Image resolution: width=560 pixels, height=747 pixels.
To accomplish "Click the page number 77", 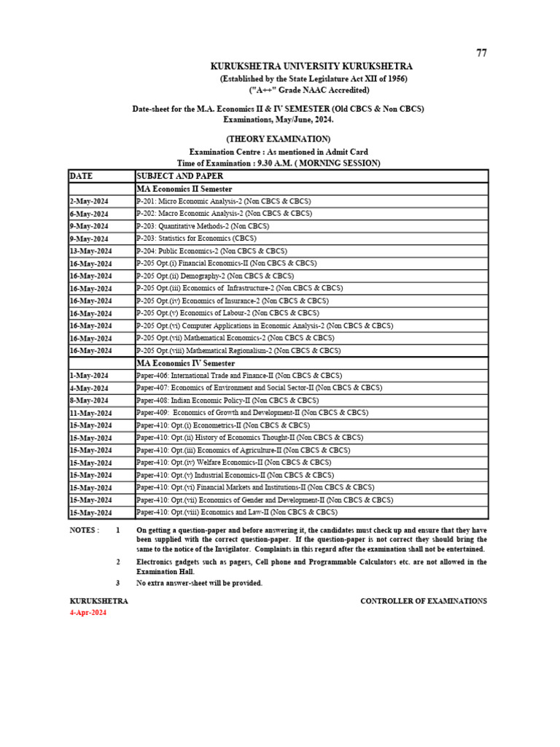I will [481, 53].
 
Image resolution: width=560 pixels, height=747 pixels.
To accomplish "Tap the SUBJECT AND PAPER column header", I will [179, 176].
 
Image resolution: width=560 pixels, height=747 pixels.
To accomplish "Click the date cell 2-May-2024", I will [90, 201].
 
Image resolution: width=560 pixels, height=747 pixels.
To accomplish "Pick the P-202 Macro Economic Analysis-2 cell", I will [224, 213].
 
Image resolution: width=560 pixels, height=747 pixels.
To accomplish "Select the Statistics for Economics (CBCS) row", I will [196, 238].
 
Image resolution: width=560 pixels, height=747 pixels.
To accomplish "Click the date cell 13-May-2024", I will [91, 251].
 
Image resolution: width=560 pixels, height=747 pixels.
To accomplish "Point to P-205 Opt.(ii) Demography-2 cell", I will [215, 276].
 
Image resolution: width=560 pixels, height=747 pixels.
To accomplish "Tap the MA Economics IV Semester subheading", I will [186, 363].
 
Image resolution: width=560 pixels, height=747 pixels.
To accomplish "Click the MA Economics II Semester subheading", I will [184, 189].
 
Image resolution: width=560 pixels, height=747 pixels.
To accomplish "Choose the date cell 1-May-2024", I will [90, 376].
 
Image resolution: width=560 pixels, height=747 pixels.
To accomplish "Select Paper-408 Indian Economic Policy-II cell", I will [227, 400].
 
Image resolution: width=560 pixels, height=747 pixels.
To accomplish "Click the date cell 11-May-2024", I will [91, 413].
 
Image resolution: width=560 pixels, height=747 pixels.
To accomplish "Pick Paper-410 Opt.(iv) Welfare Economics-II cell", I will [233, 462].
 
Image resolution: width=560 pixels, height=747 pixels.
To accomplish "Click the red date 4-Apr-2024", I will [87, 613].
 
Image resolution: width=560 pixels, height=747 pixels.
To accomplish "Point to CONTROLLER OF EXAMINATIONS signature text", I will [424, 601].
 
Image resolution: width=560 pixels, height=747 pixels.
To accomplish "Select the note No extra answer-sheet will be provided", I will [199, 584].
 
